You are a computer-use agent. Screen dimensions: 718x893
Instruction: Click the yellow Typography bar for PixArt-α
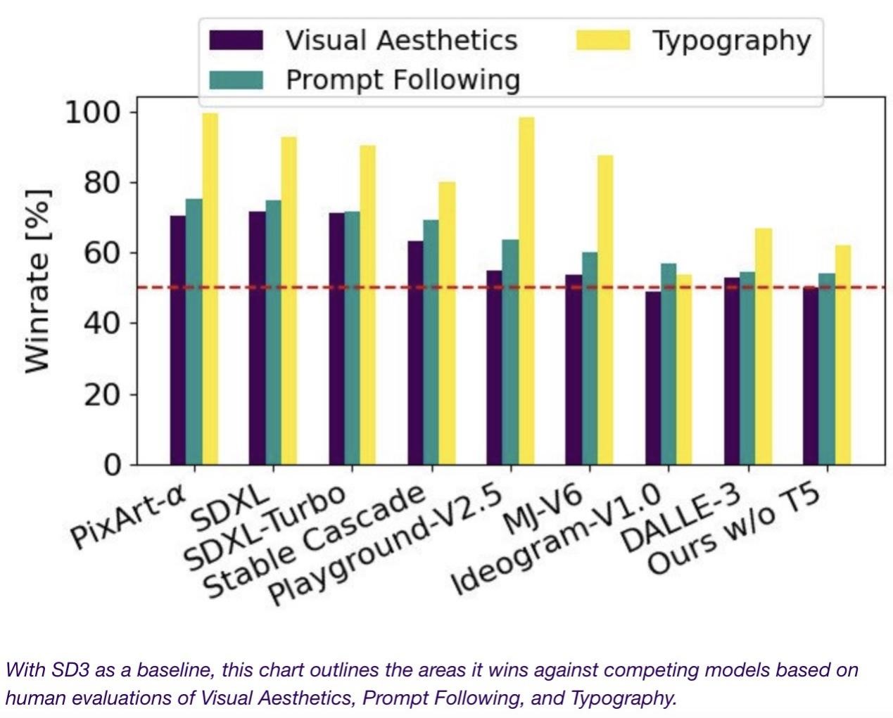[210, 288]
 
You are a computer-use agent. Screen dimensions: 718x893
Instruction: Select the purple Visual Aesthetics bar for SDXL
[257, 338]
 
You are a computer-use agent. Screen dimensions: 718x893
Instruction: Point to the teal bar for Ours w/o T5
[826, 368]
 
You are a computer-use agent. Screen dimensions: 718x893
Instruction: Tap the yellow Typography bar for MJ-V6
[604, 309]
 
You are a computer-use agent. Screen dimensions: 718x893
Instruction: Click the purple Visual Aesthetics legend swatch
[236, 40]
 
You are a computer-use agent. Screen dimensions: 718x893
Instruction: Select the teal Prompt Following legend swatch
[236, 79]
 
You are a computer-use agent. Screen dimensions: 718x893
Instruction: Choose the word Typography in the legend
[731, 40]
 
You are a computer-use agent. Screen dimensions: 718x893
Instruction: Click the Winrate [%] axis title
[38, 281]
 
